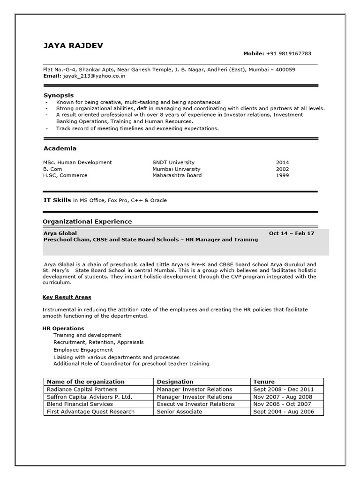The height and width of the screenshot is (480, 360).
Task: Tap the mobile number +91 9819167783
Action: (289, 53)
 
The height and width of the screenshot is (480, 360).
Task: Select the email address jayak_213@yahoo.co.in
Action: (93, 75)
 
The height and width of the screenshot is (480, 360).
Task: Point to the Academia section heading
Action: (60, 148)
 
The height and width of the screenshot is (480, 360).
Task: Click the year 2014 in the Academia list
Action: (283, 162)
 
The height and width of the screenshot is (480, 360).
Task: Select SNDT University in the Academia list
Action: (173, 162)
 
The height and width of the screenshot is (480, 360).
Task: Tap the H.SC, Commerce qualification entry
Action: (65, 175)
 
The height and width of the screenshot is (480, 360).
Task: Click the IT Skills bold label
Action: (57, 200)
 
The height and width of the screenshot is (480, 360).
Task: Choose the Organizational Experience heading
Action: (87, 221)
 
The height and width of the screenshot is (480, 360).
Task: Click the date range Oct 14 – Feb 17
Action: (292, 233)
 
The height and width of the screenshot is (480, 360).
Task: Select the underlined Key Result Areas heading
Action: (67, 297)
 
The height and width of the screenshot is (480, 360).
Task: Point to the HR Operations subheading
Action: (63, 328)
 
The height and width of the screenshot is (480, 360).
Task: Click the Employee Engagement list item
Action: (83, 350)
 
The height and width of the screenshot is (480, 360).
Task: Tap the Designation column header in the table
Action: (175, 382)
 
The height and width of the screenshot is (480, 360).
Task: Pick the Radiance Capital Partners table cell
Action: (82, 389)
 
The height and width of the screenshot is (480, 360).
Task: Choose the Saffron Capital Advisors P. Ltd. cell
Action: (89, 397)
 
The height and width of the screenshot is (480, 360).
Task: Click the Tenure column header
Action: (264, 382)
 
